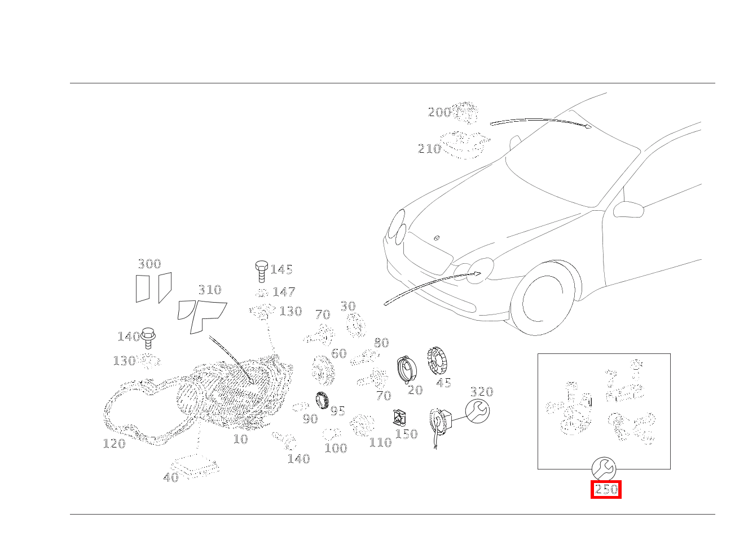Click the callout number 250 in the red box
pyautogui.click(x=606, y=490)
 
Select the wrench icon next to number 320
pyautogui.click(x=478, y=411)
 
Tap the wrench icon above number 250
pyautogui.click(x=604, y=469)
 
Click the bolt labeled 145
pyautogui.click(x=262, y=272)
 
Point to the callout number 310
pyautogui.click(x=210, y=290)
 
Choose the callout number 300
pyautogui.click(x=149, y=264)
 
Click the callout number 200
pyautogui.click(x=439, y=112)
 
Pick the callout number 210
pyautogui.click(x=429, y=149)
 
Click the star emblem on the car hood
pyautogui.click(x=437, y=238)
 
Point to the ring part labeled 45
pyautogui.click(x=437, y=361)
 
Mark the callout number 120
pyautogui.click(x=114, y=444)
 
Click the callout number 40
pyautogui.click(x=171, y=477)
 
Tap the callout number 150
pyautogui.click(x=406, y=434)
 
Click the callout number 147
pyautogui.click(x=284, y=292)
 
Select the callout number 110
pyautogui.click(x=381, y=442)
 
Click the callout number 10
pyautogui.click(x=241, y=439)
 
